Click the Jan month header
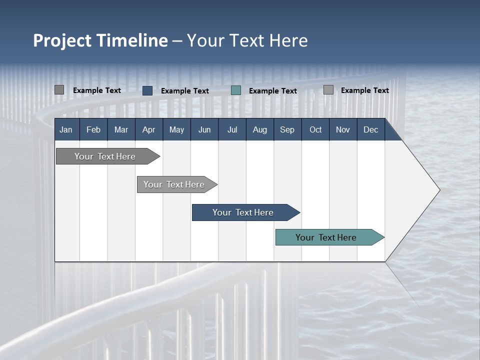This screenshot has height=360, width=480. pyautogui.click(x=66, y=130)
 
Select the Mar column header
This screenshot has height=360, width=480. pyautogui.click(x=121, y=130)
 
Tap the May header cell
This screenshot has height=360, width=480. pyautogui.click(x=176, y=130)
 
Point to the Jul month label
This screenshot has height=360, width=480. pyautogui.click(x=232, y=130)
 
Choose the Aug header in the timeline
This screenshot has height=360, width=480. pyautogui.click(x=259, y=130)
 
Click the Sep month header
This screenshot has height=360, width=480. pyautogui.click(x=287, y=130)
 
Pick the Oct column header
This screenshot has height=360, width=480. pyautogui.click(x=315, y=130)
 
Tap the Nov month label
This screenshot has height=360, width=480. pyautogui.click(x=343, y=130)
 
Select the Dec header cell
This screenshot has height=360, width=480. pyautogui.click(x=370, y=130)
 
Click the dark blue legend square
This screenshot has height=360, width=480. pyautogui.click(x=147, y=90)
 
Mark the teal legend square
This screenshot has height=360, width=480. pyautogui.click(x=236, y=90)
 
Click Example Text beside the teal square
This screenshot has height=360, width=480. pyautogui.click(x=273, y=91)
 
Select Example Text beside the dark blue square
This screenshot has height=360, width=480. pyautogui.click(x=185, y=91)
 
